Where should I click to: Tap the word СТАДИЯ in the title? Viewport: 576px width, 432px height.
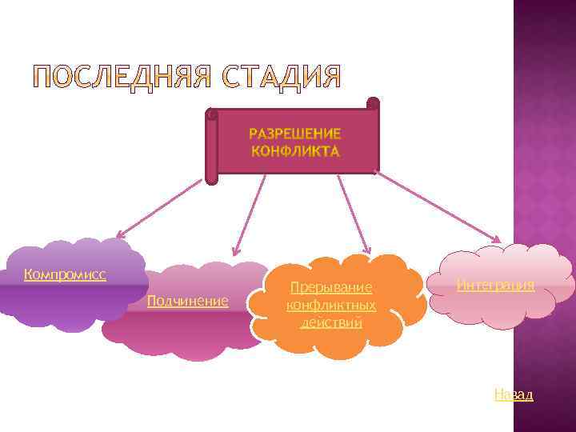coord(282,78)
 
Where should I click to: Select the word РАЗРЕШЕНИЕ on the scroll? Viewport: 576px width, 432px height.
coord(294,133)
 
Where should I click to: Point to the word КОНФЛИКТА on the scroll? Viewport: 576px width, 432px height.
coord(294,150)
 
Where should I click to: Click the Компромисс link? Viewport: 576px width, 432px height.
coord(66,274)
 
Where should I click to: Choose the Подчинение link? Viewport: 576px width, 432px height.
coord(188,301)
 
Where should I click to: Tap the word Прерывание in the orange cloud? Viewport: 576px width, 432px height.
coord(331,286)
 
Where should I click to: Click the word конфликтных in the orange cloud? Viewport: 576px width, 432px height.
coord(331,305)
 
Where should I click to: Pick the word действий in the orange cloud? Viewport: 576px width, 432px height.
coord(331,322)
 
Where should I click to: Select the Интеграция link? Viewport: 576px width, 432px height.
coord(496,284)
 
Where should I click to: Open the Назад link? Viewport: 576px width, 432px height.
coord(514,394)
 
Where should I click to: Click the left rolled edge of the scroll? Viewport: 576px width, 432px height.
coord(211,148)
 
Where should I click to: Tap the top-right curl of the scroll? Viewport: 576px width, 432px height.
coord(373,103)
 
